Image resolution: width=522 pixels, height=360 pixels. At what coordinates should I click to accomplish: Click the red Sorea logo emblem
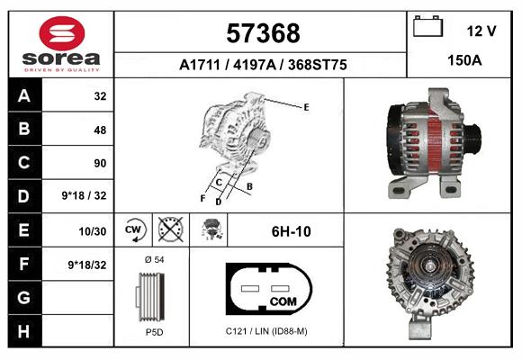[62, 33]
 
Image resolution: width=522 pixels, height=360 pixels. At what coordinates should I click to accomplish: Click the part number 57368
[263, 33]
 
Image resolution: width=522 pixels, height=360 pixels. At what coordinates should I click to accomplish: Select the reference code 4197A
[255, 65]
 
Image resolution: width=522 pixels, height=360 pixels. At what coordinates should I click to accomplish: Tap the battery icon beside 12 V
[427, 26]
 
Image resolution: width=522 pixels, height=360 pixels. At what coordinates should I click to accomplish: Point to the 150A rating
[464, 60]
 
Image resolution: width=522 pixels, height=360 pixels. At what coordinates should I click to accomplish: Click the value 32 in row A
[100, 96]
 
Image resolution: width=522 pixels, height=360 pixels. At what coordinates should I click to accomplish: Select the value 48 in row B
[100, 130]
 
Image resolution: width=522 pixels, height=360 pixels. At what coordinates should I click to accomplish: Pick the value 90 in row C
[100, 163]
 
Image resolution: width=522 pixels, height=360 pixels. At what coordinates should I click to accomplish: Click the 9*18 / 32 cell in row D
[84, 195]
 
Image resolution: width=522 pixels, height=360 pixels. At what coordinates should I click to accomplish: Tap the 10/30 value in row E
[92, 231]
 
